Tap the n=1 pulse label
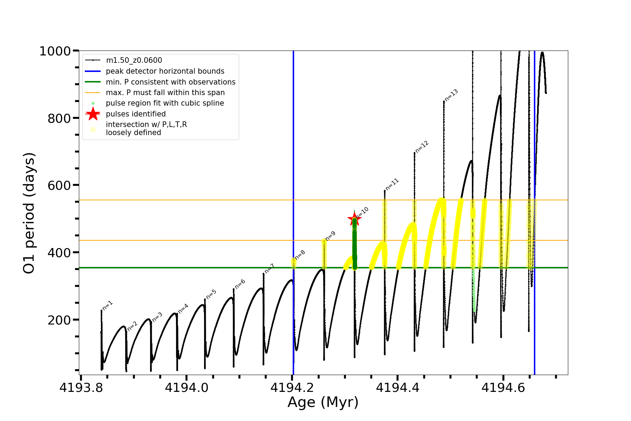107,306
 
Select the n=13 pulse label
451,95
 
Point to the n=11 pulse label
392,184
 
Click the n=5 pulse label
211,294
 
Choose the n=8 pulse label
300,255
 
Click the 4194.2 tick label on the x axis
292,388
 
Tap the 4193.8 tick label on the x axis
81,388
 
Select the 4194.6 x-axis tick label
503,388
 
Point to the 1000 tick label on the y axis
55,51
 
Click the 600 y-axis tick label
59,185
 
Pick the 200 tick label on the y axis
59,320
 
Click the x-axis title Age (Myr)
323,402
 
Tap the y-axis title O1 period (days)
29,213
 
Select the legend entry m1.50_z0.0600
134,60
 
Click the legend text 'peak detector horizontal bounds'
165,71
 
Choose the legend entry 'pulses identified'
136,114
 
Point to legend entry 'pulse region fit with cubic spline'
165,103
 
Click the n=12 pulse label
422,147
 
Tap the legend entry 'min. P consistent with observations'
170,82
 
